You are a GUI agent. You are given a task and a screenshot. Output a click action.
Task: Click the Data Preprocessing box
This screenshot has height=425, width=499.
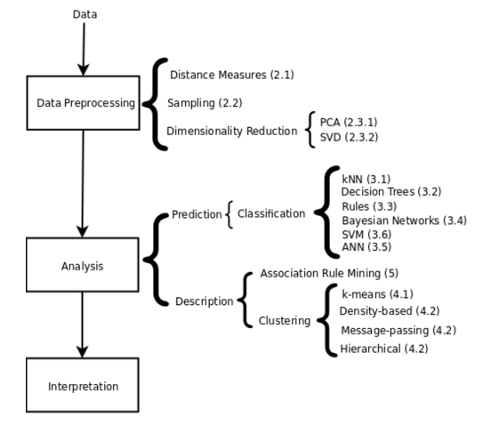click(83, 103)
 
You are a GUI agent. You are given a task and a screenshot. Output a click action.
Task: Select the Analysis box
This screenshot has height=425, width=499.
click(83, 265)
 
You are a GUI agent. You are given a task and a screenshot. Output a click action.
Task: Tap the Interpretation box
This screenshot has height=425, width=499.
click(83, 386)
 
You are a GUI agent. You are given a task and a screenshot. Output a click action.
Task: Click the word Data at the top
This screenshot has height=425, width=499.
click(85, 14)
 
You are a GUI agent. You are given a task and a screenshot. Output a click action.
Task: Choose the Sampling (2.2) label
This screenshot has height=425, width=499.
click(205, 103)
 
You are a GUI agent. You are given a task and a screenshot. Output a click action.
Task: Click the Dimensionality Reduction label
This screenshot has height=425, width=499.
click(231, 132)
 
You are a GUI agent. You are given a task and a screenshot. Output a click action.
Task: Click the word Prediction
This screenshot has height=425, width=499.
click(197, 214)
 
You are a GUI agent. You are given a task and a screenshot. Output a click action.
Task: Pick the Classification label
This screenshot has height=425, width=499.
click(270, 214)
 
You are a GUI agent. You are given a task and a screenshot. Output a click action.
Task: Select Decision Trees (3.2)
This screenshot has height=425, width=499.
click(391, 191)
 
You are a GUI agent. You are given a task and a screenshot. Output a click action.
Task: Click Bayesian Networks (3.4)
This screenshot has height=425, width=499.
click(404, 220)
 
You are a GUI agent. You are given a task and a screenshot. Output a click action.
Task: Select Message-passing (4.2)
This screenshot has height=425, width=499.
click(398, 331)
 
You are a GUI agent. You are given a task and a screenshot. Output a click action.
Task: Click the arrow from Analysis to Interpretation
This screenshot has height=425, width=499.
click(83, 325)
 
